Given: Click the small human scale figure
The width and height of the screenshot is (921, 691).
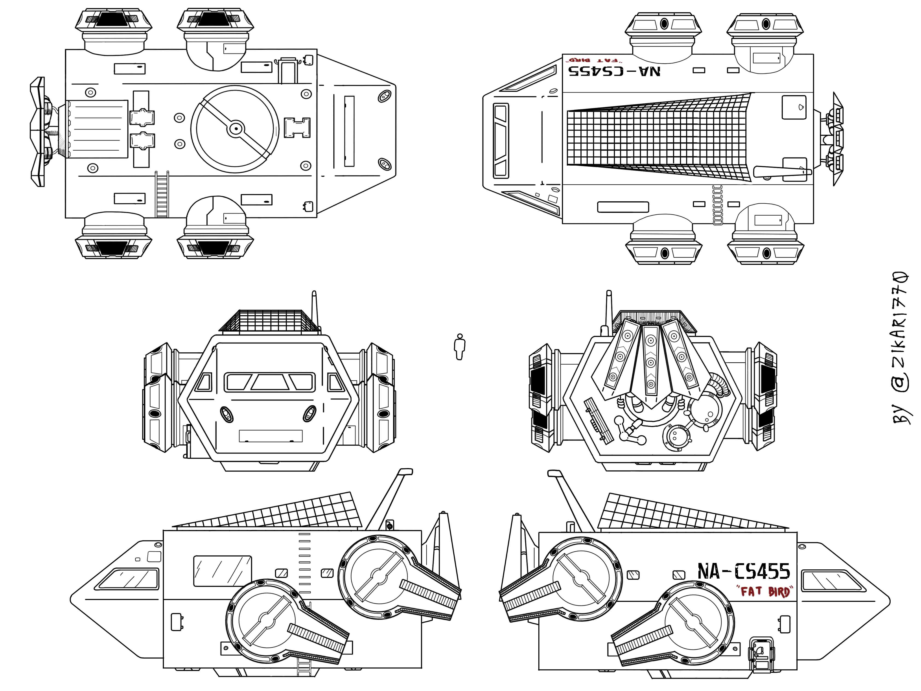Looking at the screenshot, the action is tap(459, 347).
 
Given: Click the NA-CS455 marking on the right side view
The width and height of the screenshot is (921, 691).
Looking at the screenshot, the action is tap(744, 571).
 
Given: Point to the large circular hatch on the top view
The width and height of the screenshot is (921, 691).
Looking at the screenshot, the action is tap(235, 129).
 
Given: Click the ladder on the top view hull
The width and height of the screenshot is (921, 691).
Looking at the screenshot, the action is tap(162, 194).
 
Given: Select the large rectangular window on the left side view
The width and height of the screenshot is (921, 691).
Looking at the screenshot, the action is tap(222, 570).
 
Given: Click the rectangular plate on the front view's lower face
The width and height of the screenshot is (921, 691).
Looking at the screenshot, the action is tap(271, 436).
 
